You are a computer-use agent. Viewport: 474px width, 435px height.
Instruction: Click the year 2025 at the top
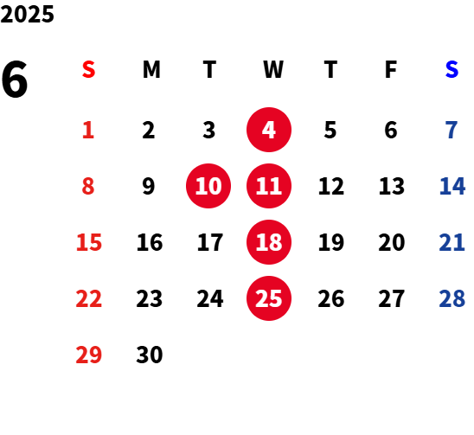[27, 14]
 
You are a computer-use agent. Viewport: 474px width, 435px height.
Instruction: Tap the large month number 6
[15, 80]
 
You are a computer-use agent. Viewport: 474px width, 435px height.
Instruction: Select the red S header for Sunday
[88, 69]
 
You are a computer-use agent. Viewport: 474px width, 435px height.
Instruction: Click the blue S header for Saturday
[452, 69]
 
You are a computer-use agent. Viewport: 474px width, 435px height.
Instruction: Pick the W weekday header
[273, 69]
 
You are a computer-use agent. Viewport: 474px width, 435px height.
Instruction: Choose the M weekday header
[151, 69]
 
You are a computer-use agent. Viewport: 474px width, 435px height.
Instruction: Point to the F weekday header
[391, 69]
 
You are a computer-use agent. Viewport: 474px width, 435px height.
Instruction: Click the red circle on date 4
[269, 130]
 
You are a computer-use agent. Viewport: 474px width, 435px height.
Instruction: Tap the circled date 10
[208, 186]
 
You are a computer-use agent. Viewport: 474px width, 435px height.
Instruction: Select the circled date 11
[269, 186]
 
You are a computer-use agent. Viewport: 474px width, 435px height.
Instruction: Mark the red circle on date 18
[269, 242]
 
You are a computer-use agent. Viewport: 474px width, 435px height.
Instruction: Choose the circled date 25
[269, 298]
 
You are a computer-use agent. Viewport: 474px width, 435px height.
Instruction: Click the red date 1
[88, 130]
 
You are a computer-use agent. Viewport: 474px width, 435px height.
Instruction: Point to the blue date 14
[452, 186]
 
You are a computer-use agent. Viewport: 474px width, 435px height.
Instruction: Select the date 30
[150, 355]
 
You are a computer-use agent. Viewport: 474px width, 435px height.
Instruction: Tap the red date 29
[88, 355]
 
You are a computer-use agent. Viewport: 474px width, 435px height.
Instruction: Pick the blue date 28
[452, 298]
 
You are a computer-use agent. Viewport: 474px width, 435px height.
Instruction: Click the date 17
[210, 242]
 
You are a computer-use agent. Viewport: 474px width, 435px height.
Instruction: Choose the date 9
[149, 186]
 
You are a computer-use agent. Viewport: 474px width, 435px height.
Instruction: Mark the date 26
[331, 298]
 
